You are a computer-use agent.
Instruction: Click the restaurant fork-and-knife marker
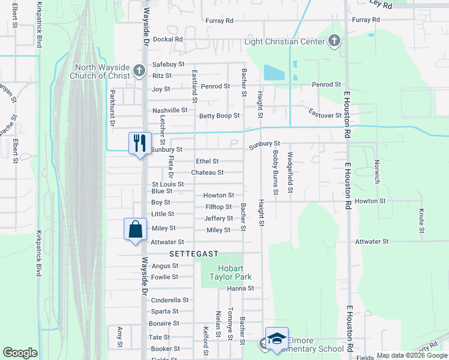(x=140, y=143)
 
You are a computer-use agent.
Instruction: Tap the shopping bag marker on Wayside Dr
(x=135, y=229)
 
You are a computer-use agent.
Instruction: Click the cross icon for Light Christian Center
(x=334, y=41)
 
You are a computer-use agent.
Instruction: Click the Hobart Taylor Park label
(x=230, y=272)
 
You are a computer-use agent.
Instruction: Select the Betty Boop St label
(x=220, y=116)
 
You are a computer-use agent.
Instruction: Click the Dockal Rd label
(x=167, y=39)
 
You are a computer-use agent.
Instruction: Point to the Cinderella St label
(x=170, y=300)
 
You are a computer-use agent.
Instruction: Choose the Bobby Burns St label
(x=276, y=172)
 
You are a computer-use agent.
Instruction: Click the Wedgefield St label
(x=290, y=172)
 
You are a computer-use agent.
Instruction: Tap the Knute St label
(x=421, y=221)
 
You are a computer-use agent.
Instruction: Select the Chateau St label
(x=207, y=173)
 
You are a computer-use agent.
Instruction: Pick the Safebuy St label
(x=168, y=64)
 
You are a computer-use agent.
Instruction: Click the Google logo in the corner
(x=20, y=353)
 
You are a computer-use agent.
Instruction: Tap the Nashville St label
(x=170, y=110)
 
